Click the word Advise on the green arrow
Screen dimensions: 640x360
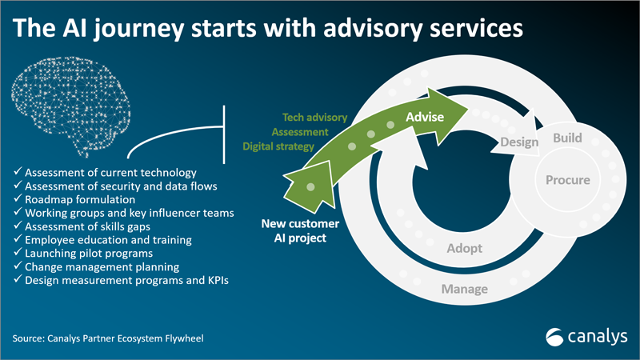(425, 117)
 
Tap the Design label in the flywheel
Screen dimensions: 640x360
(519, 142)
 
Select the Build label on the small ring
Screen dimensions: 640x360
(567, 138)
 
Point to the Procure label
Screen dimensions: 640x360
(568, 180)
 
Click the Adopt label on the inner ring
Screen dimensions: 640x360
(465, 248)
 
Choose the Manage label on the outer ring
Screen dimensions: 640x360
(465, 290)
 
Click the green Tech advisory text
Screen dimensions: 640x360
(314, 118)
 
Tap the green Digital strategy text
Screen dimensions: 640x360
(278, 146)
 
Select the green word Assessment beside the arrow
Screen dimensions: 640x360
(300, 132)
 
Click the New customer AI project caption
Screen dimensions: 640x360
(300, 230)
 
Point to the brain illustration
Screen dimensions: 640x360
(70, 106)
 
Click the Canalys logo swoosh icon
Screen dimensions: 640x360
(554, 337)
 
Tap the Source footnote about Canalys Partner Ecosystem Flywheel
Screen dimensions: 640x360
(108, 338)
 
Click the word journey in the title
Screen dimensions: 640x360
(138, 29)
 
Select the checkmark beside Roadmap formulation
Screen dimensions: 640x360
(18, 198)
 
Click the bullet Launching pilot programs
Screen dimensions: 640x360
(89, 254)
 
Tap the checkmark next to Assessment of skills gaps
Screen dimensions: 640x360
(18, 225)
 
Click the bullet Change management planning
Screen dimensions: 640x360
(102, 267)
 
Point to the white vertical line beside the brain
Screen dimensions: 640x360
(224, 134)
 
